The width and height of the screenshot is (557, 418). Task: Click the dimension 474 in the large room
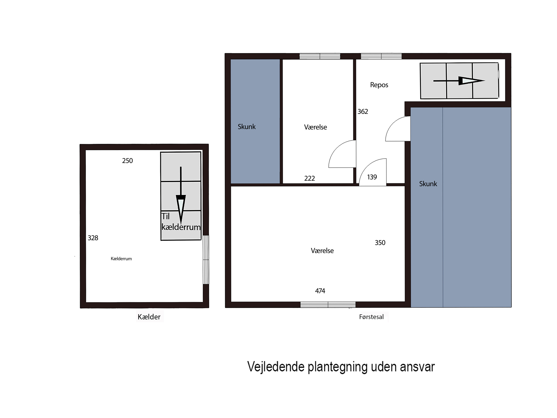tap(320, 291)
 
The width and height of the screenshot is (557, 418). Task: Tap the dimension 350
tap(380, 243)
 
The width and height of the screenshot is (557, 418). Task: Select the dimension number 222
tap(310, 178)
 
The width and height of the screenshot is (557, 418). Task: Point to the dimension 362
tap(363, 112)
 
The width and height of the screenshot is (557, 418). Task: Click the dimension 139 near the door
tap(372, 177)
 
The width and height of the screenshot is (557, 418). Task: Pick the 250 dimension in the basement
tap(127, 161)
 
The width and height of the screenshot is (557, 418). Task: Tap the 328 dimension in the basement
tap(93, 238)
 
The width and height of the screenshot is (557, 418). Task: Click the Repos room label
tap(379, 85)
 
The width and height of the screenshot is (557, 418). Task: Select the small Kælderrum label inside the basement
tap(121, 259)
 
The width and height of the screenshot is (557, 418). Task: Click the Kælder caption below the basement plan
tap(149, 317)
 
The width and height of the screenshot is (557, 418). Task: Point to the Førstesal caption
tap(371, 317)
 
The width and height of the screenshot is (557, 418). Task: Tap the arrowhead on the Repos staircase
tap(471, 81)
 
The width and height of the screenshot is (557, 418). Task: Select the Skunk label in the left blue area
tap(247, 127)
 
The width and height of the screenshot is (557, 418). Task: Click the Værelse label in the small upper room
tap(315, 127)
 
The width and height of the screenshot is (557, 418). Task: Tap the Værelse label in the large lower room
tap(322, 251)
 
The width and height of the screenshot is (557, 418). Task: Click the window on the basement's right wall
tap(206, 260)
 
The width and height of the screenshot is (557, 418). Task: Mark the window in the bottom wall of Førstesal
tap(328, 305)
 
